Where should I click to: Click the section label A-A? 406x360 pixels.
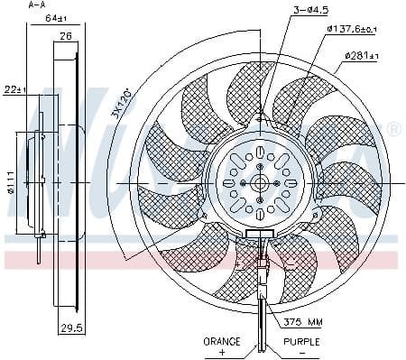tap(37, 5)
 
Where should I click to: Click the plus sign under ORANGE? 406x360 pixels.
tap(222, 353)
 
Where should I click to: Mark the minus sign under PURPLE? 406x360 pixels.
tap(303, 353)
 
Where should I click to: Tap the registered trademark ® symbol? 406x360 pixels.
tap(393, 132)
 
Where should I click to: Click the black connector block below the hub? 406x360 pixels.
tap(259, 235)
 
